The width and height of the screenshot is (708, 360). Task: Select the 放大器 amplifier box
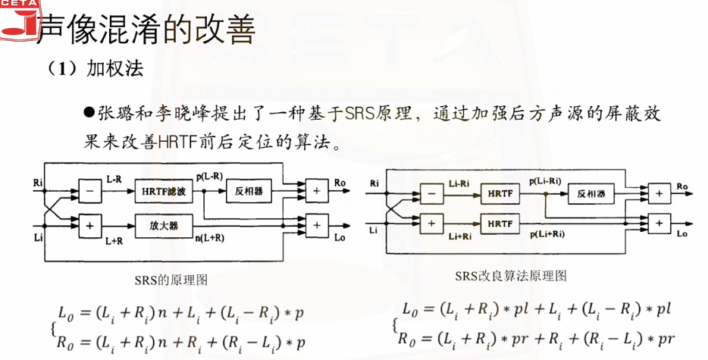[163, 224]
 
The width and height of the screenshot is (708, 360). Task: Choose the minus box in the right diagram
[432, 193]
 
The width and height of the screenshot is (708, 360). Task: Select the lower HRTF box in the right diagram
[500, 224]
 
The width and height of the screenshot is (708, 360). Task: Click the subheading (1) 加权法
[96, 67]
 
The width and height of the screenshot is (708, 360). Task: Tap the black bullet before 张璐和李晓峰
[89, 112]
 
